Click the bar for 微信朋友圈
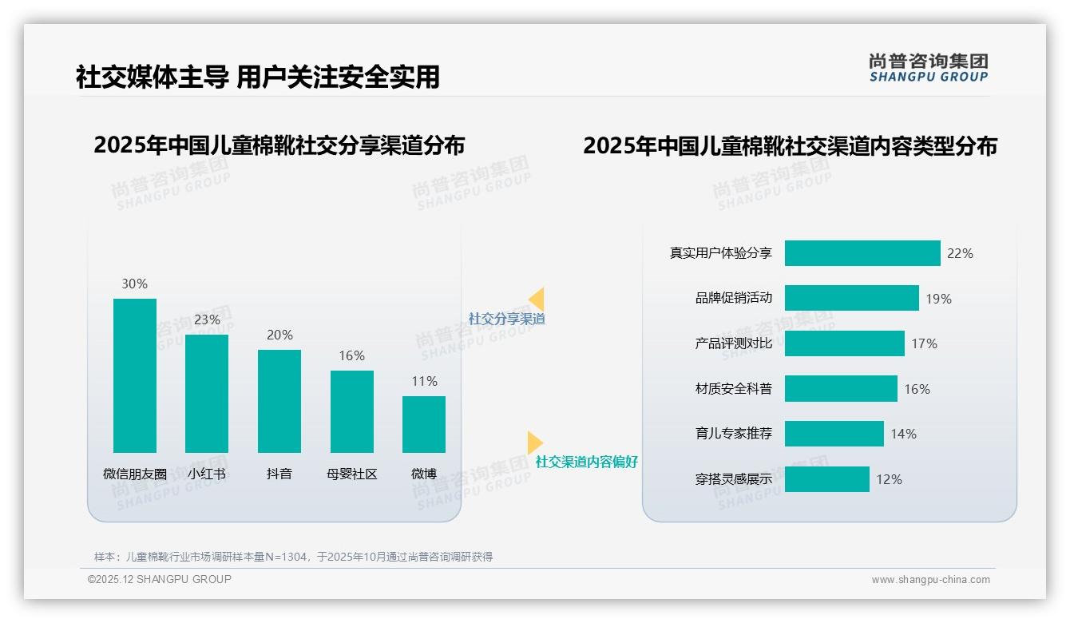tap(135, 375)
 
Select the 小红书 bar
tap(207, 393)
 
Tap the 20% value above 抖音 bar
tap(279, 335)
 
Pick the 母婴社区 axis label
tap(351, 474)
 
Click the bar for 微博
tap(424, 424)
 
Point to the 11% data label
tap(424, 382)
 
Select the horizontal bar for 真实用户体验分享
tap(862, 253)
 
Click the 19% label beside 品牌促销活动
tap(938, 299)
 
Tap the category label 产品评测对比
tap(733, 343)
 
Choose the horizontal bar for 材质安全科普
tap(841, 389)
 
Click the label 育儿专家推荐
tap(733, 434)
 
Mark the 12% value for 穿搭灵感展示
tap(889, 479)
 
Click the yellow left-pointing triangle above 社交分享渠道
tap(537, 300)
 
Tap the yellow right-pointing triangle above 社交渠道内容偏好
tap(534, 442)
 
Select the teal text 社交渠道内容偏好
tap(586, 462)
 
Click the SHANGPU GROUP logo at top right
tap(928, 68)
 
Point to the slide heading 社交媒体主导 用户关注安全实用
tap(257, 77)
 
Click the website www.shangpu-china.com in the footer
tap(930, 580)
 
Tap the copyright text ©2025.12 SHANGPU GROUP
tap(160, 579)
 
